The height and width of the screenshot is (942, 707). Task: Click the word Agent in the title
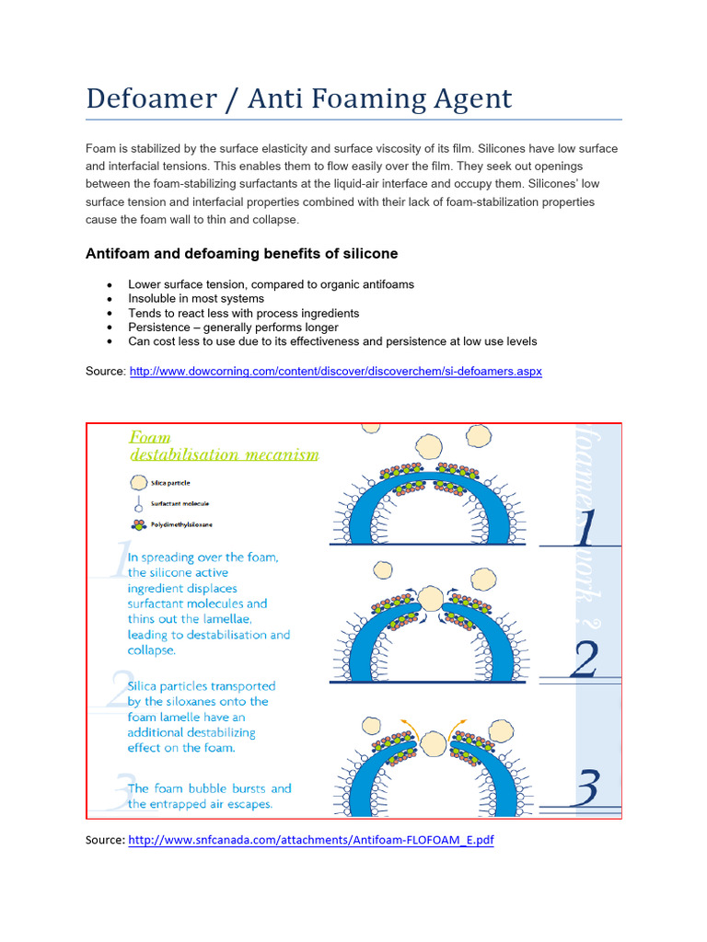466,98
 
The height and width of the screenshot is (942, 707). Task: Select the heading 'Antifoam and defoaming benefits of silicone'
241,253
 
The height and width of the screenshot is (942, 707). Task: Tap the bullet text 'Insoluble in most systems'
196,299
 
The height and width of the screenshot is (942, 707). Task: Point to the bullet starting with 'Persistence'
233,327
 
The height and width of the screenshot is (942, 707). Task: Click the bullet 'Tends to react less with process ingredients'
243,313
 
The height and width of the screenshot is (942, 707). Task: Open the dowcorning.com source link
336,371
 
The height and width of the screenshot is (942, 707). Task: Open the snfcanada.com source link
311,840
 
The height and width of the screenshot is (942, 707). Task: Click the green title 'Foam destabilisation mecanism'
224,445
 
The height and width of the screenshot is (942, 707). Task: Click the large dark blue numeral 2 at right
585,660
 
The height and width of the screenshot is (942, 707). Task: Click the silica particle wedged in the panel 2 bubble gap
430,600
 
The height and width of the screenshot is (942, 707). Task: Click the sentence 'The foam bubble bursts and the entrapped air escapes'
209,797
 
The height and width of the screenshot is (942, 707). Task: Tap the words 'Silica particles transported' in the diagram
202,686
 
